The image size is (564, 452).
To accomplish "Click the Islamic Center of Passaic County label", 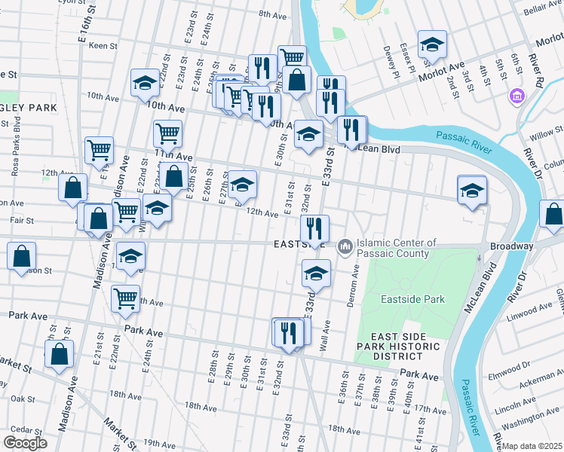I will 397,248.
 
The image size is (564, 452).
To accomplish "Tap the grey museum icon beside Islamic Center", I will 345,246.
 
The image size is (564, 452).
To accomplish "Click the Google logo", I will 25,443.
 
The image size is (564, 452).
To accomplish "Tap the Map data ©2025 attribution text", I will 532,446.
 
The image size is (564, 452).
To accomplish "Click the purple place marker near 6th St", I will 517,96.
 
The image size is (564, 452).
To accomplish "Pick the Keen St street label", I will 103,46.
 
